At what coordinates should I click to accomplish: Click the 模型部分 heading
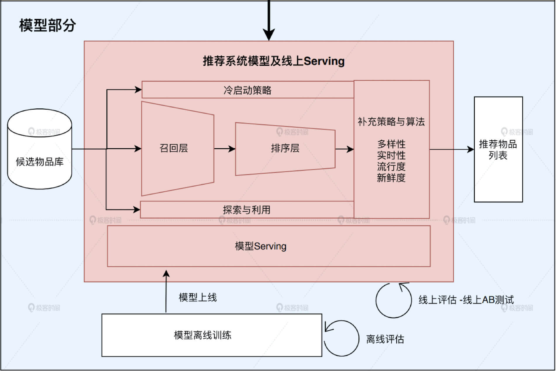47,25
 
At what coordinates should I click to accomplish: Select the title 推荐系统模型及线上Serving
273,61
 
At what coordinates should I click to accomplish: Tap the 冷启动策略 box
247,90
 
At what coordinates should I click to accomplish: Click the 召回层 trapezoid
174,148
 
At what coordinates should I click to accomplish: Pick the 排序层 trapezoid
285,149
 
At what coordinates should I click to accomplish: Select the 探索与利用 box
247,210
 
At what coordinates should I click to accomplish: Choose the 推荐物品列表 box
498,149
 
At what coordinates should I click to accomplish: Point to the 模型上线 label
198,298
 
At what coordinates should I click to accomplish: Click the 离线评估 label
385,339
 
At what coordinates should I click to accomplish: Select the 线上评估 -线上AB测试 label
466,300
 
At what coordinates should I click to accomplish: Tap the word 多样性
391,144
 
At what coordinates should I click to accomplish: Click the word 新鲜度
391,178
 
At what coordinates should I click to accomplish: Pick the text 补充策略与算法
391,122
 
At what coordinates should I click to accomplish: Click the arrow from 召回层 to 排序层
225,149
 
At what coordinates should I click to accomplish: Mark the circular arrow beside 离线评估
342,338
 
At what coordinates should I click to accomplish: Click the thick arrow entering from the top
269,20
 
